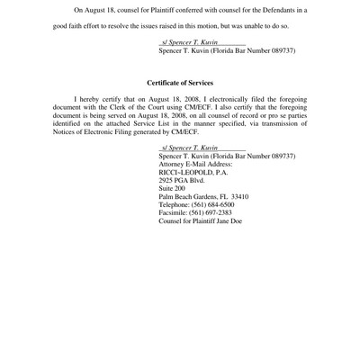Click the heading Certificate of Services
180,83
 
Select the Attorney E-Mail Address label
195,164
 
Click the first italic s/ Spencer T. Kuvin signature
191,42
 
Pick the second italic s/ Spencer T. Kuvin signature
191,147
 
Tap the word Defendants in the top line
274,10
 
